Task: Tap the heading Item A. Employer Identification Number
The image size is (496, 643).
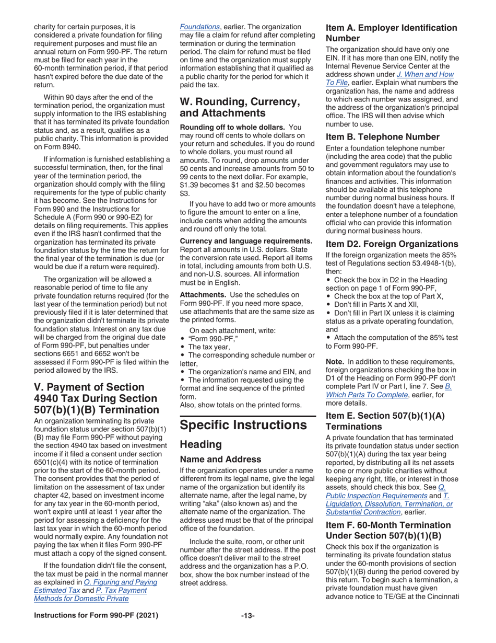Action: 391,32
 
